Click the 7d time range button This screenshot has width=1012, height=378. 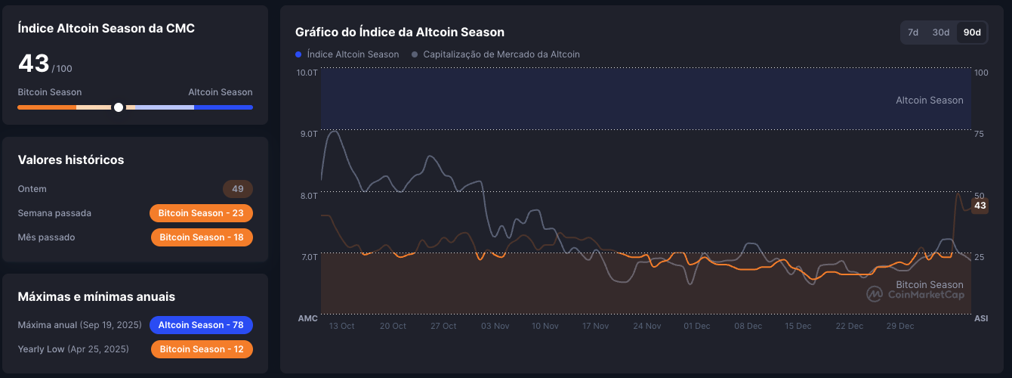tap(913, 33)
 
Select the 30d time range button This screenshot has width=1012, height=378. tap(940, 33)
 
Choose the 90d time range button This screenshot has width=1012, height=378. tap(972, 33)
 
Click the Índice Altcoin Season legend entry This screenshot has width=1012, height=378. tap(347, 54)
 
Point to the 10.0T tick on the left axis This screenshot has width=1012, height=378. tap(307, 73)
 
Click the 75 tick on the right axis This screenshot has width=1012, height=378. tap(981, 134)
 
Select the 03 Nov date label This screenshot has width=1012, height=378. tap(495, 327)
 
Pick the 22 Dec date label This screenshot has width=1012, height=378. tap(849, 327)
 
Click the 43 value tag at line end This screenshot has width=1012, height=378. tap(980, 206)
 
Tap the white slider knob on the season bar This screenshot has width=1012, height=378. tap(119, 107)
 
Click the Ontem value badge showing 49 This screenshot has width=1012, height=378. tap(237, 189)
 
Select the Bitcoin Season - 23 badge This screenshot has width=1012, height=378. tap(201, 213)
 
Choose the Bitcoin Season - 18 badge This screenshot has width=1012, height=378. tap(202, 237)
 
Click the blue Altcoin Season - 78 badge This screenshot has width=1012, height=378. tap(201, 325)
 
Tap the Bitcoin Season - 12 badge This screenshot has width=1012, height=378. tap(202, 349)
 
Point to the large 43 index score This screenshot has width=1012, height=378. tap(34, 64)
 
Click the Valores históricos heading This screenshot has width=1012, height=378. tap(71, 160)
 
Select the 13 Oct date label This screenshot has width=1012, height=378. tap(341, 327)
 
